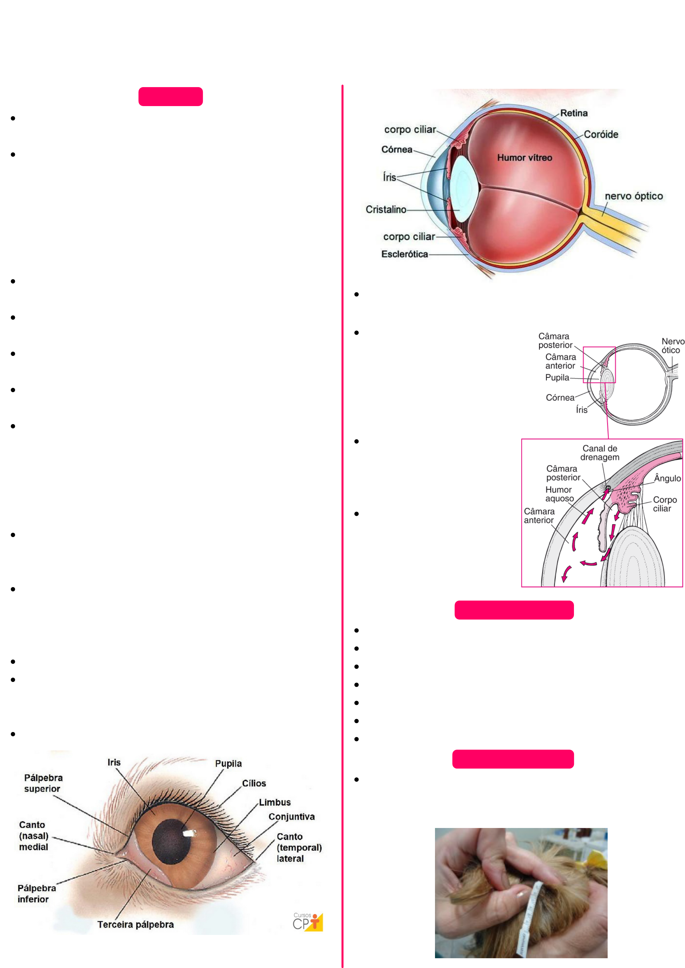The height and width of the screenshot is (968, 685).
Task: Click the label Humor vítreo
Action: pyautogui.click(x=524, y=158)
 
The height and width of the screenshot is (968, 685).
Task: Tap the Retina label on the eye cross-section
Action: pyautogui.click(x=574, y=113)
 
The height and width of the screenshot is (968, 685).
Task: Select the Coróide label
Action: pyautogui.click(x=601, y=135)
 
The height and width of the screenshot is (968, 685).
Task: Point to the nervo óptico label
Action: pyautogui.click(x=634, y=196)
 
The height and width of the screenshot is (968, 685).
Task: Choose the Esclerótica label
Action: pyautogui.click(x=404, y=254)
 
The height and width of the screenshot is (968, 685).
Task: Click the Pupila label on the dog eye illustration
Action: pyautogui.click(x=228, y=764)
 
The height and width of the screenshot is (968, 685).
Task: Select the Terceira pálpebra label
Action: pyautogui.click(x=136, y=925)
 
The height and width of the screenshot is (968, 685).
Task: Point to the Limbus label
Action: pyautogui.click(x=274, y=802)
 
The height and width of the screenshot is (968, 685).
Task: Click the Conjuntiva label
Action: pyautogui.click(x=291, y=817)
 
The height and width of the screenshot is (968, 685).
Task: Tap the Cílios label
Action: pyautogui.click(x=254, y=783)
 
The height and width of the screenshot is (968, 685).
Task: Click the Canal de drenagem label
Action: pyautogui.click(x=599, y=453)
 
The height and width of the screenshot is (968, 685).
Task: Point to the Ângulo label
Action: pyautogui.click(x=667, y=478)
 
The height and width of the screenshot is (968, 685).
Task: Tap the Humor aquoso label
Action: pyautogui.click(x=559, y=494)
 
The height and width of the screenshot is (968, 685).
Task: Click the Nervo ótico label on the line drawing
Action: pyautogui.click(x=672, y=346)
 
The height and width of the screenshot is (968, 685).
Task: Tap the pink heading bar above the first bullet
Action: pyautogui.click(x=170, y=97)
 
